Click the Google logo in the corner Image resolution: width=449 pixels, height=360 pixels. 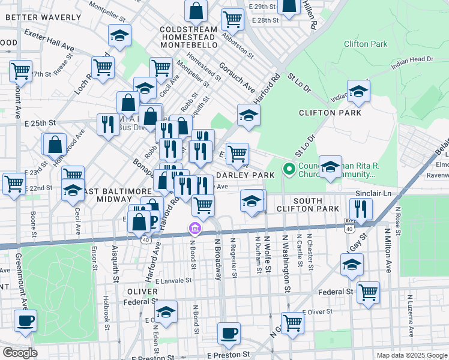(x=19, y=353)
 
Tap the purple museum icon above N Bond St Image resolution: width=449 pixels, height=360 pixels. (x=194, y=229)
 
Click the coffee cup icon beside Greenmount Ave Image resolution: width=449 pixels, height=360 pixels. (x=25, y=321)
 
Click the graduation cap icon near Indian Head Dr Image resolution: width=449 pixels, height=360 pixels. (x=358, y=92)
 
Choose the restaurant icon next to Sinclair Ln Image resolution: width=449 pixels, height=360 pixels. (x=361, y=208)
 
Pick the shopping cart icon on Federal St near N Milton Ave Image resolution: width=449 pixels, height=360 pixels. (x=368, y=293)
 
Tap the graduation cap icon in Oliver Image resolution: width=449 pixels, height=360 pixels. (x=166, y=312)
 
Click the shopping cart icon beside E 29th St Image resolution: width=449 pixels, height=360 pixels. (x=232, y=19)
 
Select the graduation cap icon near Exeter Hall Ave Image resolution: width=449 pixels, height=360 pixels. (x=119, y=35)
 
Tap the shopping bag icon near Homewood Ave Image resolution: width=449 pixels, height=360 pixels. (x=55, y=145)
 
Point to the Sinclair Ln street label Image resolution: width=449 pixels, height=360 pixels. (x=374, y=194)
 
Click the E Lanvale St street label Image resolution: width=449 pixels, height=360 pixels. (x=173, y=280)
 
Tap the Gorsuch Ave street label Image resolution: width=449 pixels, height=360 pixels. (x=237, y=78)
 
